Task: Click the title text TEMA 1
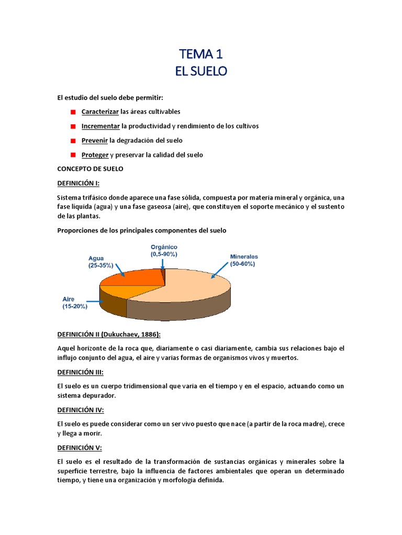tap(200, 54)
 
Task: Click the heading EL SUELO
tap(201, 72)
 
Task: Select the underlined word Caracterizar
tap(100, 112)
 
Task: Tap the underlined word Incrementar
tap(100, 126)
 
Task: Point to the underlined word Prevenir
tap(95, 141)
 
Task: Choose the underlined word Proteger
tap(95, 155)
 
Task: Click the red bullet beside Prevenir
tap(73, 141)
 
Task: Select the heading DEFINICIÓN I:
tap(78, 183)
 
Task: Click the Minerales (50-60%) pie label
tap(244, 260)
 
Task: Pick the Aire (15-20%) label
tap(75, 303)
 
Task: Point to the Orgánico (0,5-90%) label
tap(164, 250)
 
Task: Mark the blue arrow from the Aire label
tap(94, 301)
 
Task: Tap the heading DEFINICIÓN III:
tap(80, 372)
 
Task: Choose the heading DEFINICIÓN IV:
tap(80, 410)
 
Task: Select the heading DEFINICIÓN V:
tap(79, 448)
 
